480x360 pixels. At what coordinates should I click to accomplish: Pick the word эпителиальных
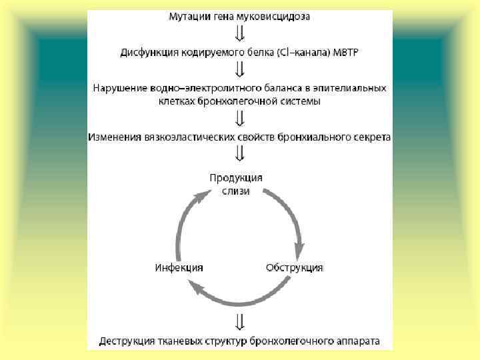pos(354,87)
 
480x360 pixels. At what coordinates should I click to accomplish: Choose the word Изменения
pos(114,137)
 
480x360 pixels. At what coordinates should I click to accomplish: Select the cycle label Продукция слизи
pos(237,184)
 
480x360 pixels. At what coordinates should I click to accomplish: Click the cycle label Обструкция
pos(295,267)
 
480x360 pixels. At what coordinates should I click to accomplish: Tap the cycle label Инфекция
pos(179,267)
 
